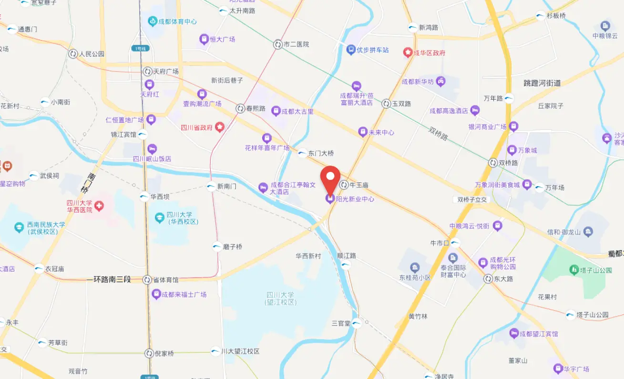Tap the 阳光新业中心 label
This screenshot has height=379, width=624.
click(355, 199)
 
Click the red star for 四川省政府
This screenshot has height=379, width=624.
click(219, 127)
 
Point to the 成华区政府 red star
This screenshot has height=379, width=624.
click(408, 53)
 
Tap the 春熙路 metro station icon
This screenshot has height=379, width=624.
click(240, 108)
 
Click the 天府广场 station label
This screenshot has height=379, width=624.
click(165, 72)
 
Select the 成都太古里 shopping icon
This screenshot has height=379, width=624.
click(276, 111)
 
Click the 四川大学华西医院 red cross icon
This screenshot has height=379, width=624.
click(99, 206)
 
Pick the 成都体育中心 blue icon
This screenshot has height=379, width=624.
click(152, 21)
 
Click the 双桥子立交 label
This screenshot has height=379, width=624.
click(471, 200)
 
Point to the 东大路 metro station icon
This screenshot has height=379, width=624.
click(488, 279)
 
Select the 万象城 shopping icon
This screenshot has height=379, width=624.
click(511, 150)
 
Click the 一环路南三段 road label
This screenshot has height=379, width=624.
click(109, 279)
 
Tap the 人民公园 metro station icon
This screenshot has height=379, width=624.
click(73, 54)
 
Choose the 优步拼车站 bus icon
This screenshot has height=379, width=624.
click(351, 50)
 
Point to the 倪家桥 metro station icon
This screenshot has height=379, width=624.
click(149, 354)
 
